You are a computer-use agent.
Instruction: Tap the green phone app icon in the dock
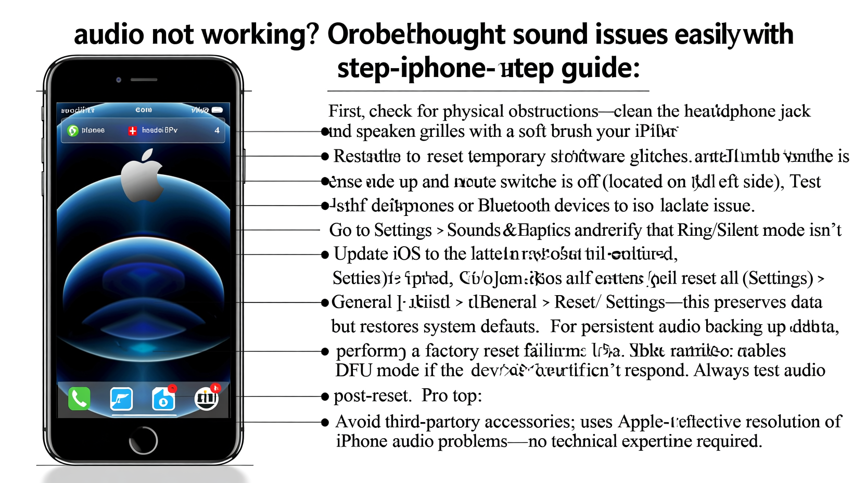79,399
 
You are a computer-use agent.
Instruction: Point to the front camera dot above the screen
119,80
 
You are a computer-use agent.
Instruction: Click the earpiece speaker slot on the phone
144,80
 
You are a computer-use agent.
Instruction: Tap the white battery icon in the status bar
218,110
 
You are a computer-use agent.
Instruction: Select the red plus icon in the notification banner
133,131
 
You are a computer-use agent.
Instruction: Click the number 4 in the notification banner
217,130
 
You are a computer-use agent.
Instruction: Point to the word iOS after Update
406,254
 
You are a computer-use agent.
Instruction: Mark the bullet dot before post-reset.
325,397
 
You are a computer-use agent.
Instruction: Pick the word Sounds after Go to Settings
474,230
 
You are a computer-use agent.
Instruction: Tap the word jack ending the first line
794,111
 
